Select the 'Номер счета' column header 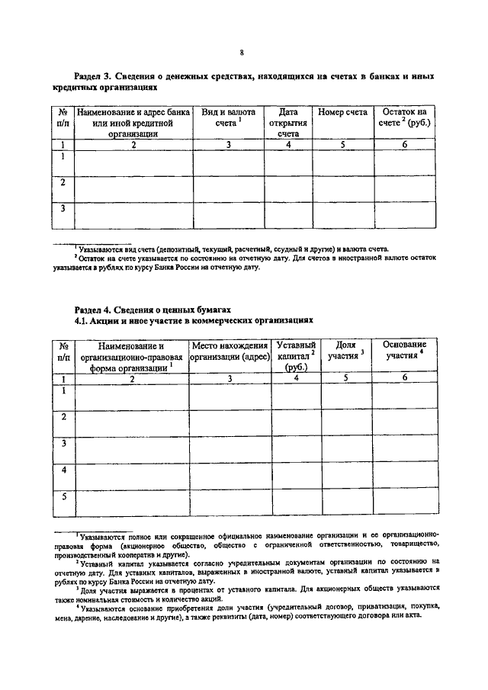tap(342, 112)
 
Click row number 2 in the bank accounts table tap(63, 183)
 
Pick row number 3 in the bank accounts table tap(63, 208)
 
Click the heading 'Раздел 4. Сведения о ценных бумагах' tap(152, 309)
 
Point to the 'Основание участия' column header tap(404, 351)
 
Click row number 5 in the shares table tap(64, 497)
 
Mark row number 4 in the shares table tap(64, 470)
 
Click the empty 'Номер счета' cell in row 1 tap(342, 162)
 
